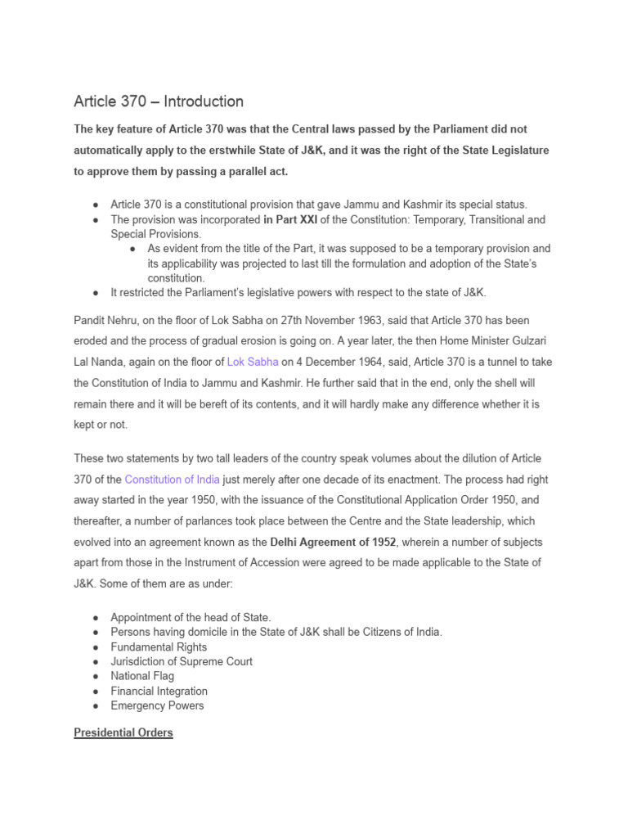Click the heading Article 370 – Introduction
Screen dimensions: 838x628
pos(159,101)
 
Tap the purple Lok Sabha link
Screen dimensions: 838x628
pos(253,362)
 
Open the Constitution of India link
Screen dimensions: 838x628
pos(172,480)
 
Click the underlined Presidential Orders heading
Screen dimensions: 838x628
pos(123,732)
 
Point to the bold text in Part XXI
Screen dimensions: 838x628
pos(290,219)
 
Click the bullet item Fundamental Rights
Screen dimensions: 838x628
pos(159,647)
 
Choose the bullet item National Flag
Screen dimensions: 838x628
pos(142,676)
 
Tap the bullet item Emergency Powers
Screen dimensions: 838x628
pos(157,705)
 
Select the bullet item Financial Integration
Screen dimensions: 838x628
pos(159,691)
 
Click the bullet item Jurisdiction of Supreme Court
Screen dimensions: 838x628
pos(182,661)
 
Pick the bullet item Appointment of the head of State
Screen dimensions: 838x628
pos(191,617)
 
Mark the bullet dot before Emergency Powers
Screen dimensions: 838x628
pos(96,705)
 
